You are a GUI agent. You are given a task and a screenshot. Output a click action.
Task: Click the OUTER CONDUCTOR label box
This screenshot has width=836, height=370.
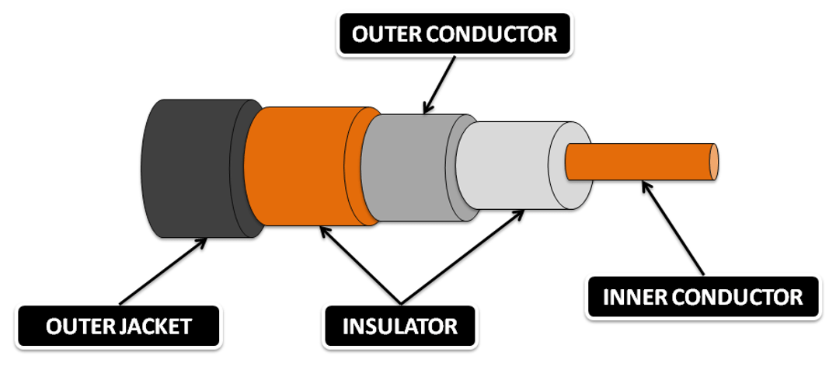coord(455,35)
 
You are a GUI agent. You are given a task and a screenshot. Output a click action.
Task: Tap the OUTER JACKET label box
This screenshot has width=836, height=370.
coord(119,326)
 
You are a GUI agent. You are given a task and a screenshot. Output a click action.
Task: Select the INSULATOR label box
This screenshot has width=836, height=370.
coord(400,326)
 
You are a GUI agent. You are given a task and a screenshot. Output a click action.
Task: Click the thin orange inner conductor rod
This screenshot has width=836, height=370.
coord(637,161)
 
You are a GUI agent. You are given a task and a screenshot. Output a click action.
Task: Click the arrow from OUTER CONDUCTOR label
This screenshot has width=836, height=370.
coord(440,86)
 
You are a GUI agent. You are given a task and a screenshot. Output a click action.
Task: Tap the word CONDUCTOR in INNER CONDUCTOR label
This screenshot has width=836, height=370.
coord(734,297)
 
